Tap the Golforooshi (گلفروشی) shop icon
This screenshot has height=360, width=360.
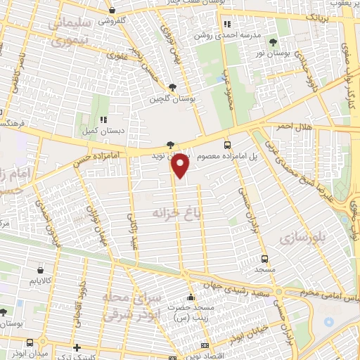113,11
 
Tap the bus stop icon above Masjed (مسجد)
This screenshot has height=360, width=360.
264,259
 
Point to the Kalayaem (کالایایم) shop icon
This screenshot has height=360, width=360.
39,269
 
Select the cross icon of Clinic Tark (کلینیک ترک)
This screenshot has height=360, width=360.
77,347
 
